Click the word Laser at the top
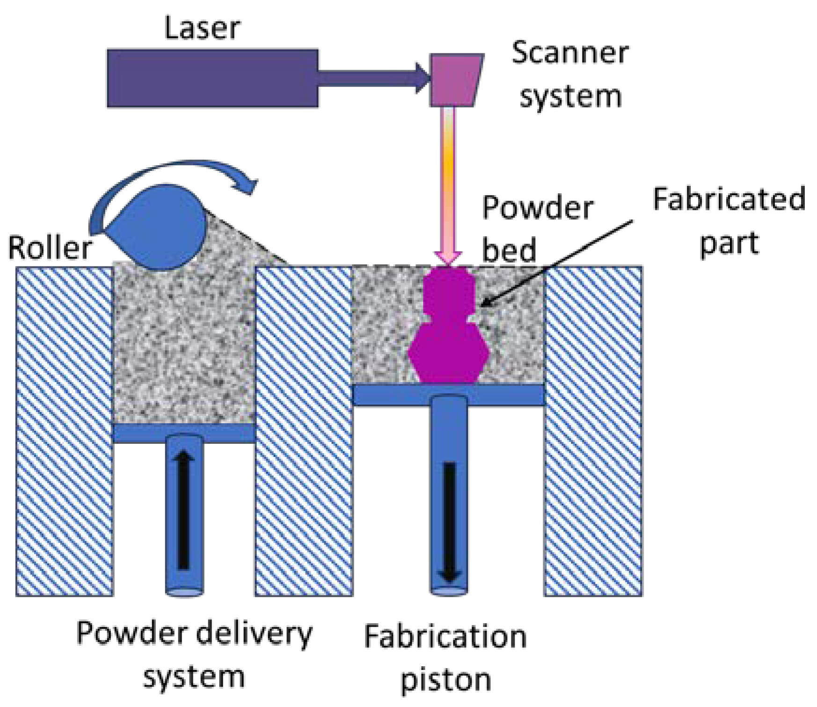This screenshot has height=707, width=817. pyautogui.click(x=202, y=28)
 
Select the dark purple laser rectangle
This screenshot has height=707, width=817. pyautogui.click(x=213, y=78)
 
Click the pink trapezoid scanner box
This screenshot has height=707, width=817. pyautogui.click(x=456, y=80)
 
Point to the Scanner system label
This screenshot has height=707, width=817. pyautogui.click(x=570, y=75)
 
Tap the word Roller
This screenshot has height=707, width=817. pyautogui.click(x=50, y=248)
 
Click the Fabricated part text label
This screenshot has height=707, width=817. pyautogui.click(x=729, y=220)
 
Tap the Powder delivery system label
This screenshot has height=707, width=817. pyautogui.click(x=194, y=655)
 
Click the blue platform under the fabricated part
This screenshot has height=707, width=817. pyautogui.click(x=448, y=395)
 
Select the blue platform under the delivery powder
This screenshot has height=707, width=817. pyautogui.click(x=184, y=433)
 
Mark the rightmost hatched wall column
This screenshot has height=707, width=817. pyautogui.click(x=593, y=431)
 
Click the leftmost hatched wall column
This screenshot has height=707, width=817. pyautogui.click(x=65, y=431)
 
